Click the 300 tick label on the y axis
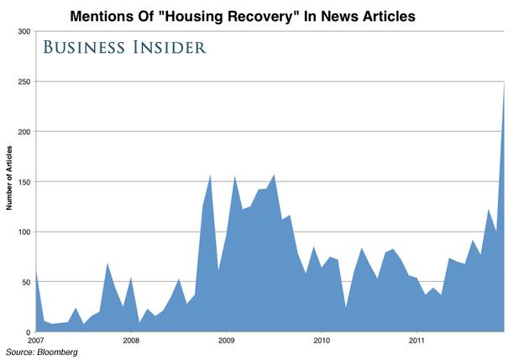pyautogui.click(x=24, y=32)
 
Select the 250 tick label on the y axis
pyautogui.click(x=24, y=82)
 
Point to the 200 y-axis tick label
pyautogui.click(x=24, y=132)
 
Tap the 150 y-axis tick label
pyautogui.click(x=24, y=182)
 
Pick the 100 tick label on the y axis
pyautogui.click(x=24, y=232)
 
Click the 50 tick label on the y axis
pyautogui.click(x=26, y=282)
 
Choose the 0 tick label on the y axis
pyautogui.click(x=29, y=331)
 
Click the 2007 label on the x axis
pyautogui.click(x=35, y=341)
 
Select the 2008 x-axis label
pyautogui.click(x=130, y=341)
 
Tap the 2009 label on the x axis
pyautogui.click(x=226, y=341)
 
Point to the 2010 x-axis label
pyautogui.click(x=321, y=341)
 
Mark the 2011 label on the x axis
pyautogui.click(x=417, y=341)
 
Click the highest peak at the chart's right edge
pyautogui.click(x=504, y=84)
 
